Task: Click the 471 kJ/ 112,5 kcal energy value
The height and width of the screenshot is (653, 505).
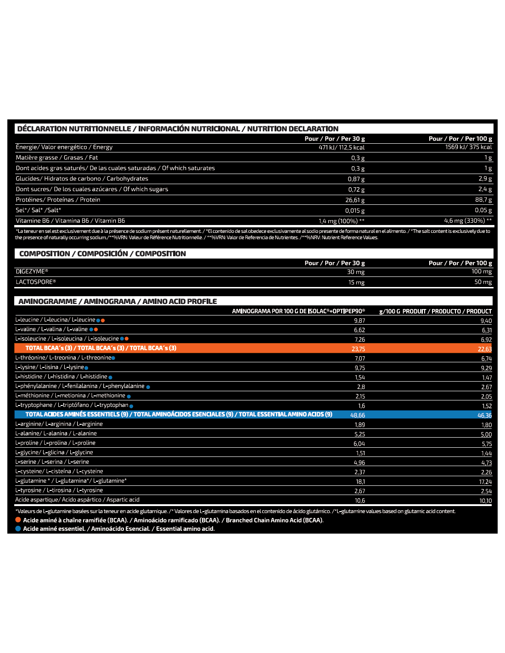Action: coord(342,147)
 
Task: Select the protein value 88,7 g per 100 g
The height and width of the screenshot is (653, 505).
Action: coord(483,200)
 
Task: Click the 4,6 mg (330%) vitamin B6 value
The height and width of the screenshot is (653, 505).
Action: coord(468,221)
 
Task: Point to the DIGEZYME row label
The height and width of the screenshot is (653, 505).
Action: coord(32,272)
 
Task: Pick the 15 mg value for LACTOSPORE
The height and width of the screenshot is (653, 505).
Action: coord(356,282)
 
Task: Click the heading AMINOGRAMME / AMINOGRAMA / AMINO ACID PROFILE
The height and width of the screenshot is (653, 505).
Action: coord(118,302)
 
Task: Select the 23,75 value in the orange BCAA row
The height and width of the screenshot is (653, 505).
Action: coord(358,349)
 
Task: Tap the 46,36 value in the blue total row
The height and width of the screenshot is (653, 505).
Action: coord(484,415)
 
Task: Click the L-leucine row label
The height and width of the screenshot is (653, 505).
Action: coord(55,320)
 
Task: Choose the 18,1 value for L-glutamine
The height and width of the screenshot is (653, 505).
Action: coord(360,482)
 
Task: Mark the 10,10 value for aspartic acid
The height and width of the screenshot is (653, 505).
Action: coord(485,501)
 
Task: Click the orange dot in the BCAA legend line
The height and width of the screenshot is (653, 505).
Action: coord(18,520)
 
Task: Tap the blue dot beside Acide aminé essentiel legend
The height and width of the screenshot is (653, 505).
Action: coord(18,529)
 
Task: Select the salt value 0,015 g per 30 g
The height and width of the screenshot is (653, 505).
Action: coord(355,211)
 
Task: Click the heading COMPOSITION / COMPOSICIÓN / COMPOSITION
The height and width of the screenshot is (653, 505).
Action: coord(102,254)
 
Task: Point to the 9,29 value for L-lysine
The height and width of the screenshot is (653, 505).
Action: coord(486,368)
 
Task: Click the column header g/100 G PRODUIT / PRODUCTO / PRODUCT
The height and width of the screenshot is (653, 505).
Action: coord(435,311)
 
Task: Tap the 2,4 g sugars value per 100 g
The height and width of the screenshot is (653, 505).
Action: coord(485,189)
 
